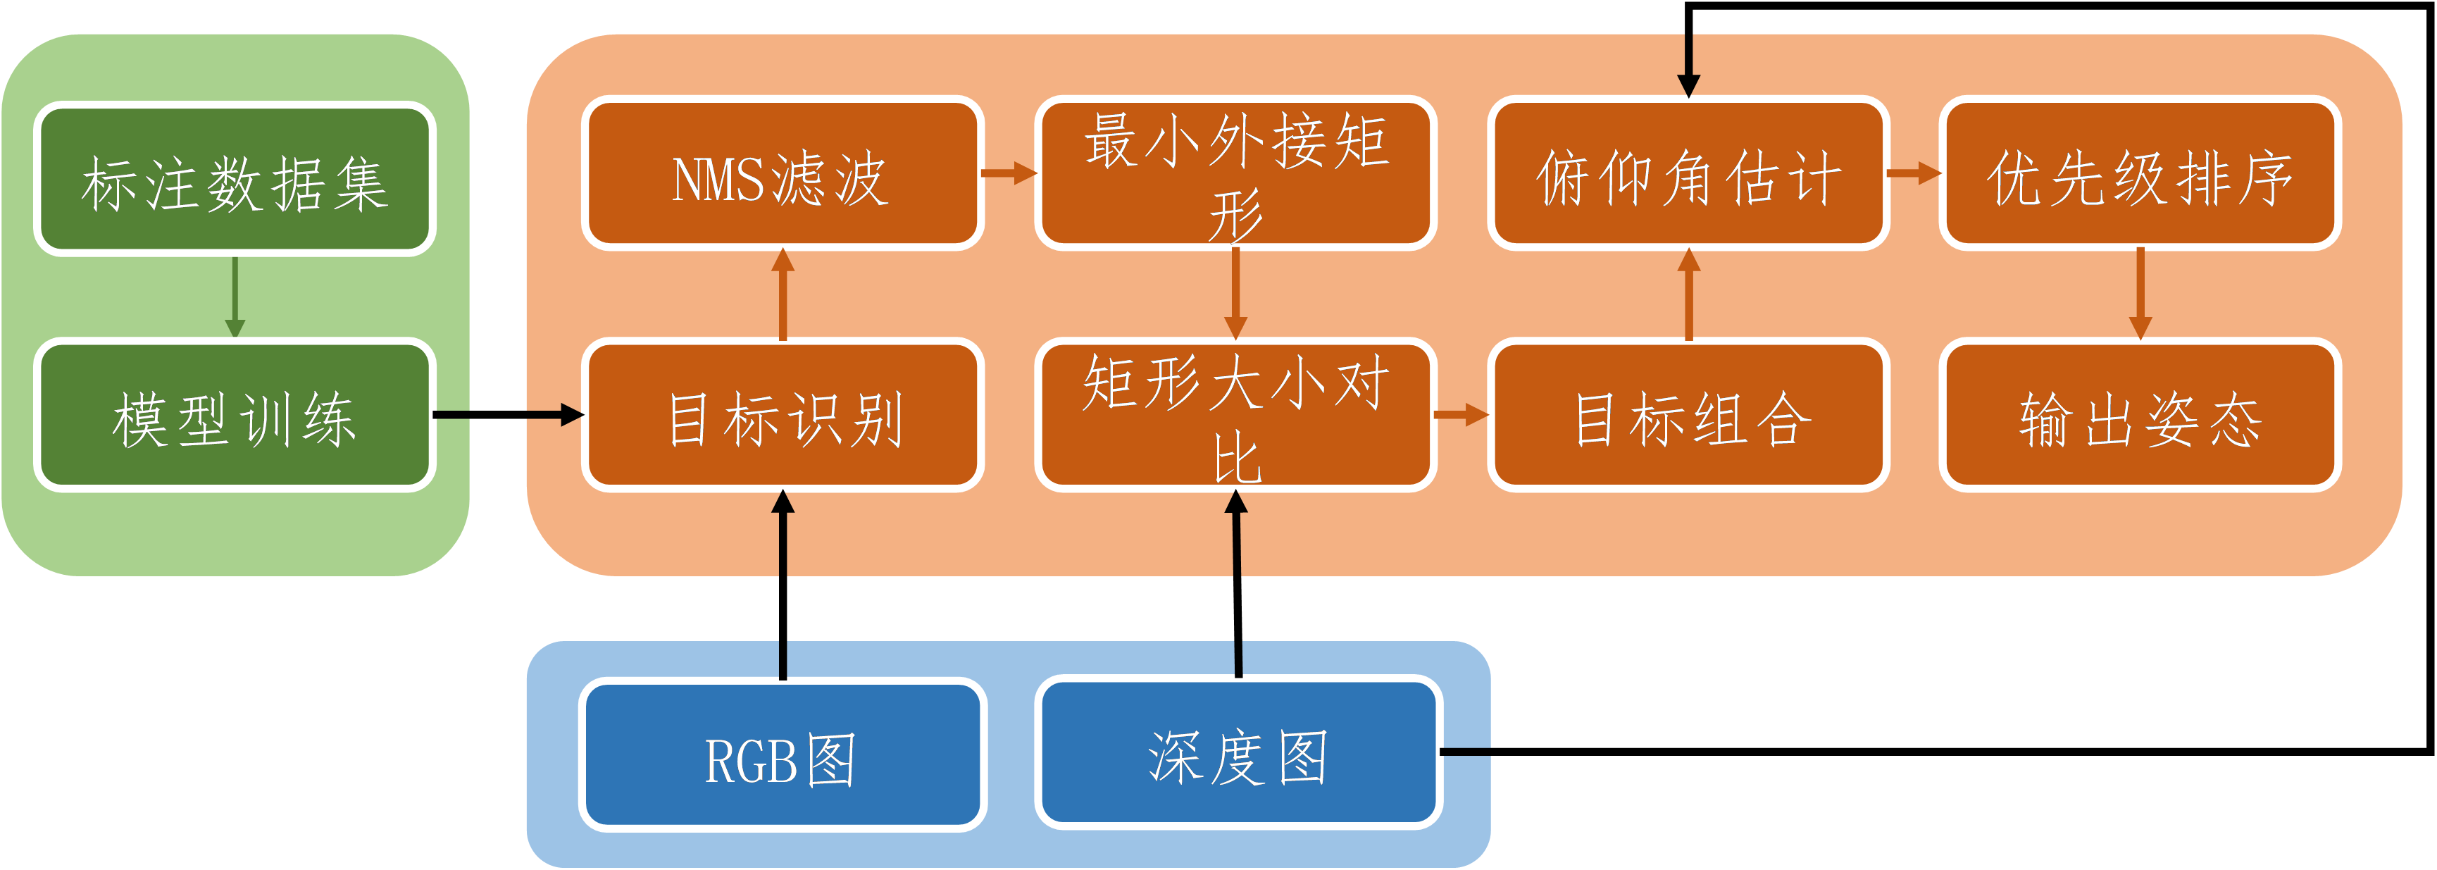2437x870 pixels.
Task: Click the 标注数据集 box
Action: [x=235, y=180]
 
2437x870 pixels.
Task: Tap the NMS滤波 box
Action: [x=781, y=173]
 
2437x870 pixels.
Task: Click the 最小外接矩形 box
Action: [x=1235, y=173]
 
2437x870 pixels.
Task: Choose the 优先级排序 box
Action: [x=2139, y=173]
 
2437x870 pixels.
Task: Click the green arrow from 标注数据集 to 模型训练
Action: [x=235, y=295]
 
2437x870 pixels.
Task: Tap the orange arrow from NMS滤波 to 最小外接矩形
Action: [x=1009, y=173]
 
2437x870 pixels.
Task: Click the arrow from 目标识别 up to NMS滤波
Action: [x=781, y=294]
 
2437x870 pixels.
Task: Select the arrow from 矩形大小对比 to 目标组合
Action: [x=1461, y=415]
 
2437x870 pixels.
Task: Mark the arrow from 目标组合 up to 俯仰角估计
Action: [x=1689, y=294]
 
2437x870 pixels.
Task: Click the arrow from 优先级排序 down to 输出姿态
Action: [x=2140, y=294]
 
